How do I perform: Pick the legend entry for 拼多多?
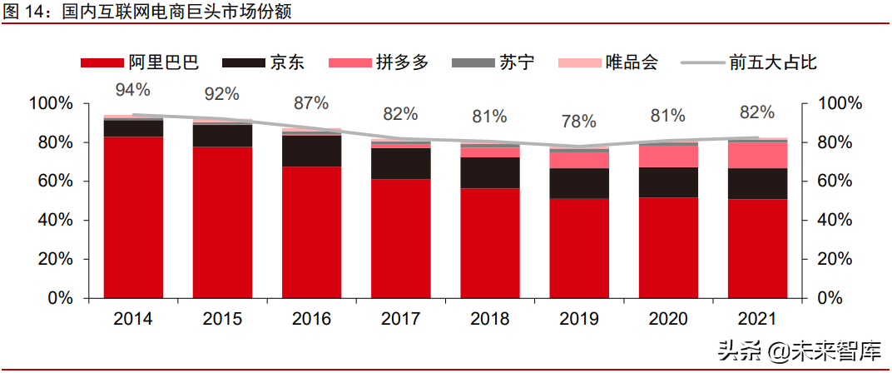[x=378, y=62]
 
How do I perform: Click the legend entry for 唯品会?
[x=607, y=62]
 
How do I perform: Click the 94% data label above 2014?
[x=132, y=90]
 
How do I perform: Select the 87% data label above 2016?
[x=310, y=103]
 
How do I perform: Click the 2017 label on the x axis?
[x=400, y=319]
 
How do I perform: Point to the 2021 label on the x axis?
[x=757, y=319]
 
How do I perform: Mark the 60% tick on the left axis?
[x=52, y=182]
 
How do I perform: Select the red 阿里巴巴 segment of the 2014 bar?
[x=133, y=216]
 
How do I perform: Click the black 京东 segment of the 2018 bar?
[x=489, y=172]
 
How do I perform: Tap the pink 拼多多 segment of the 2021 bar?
[x=757, y=155]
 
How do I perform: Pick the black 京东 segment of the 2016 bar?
[x=311, y=151]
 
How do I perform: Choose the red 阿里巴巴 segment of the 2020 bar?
[x=668, y=246]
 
